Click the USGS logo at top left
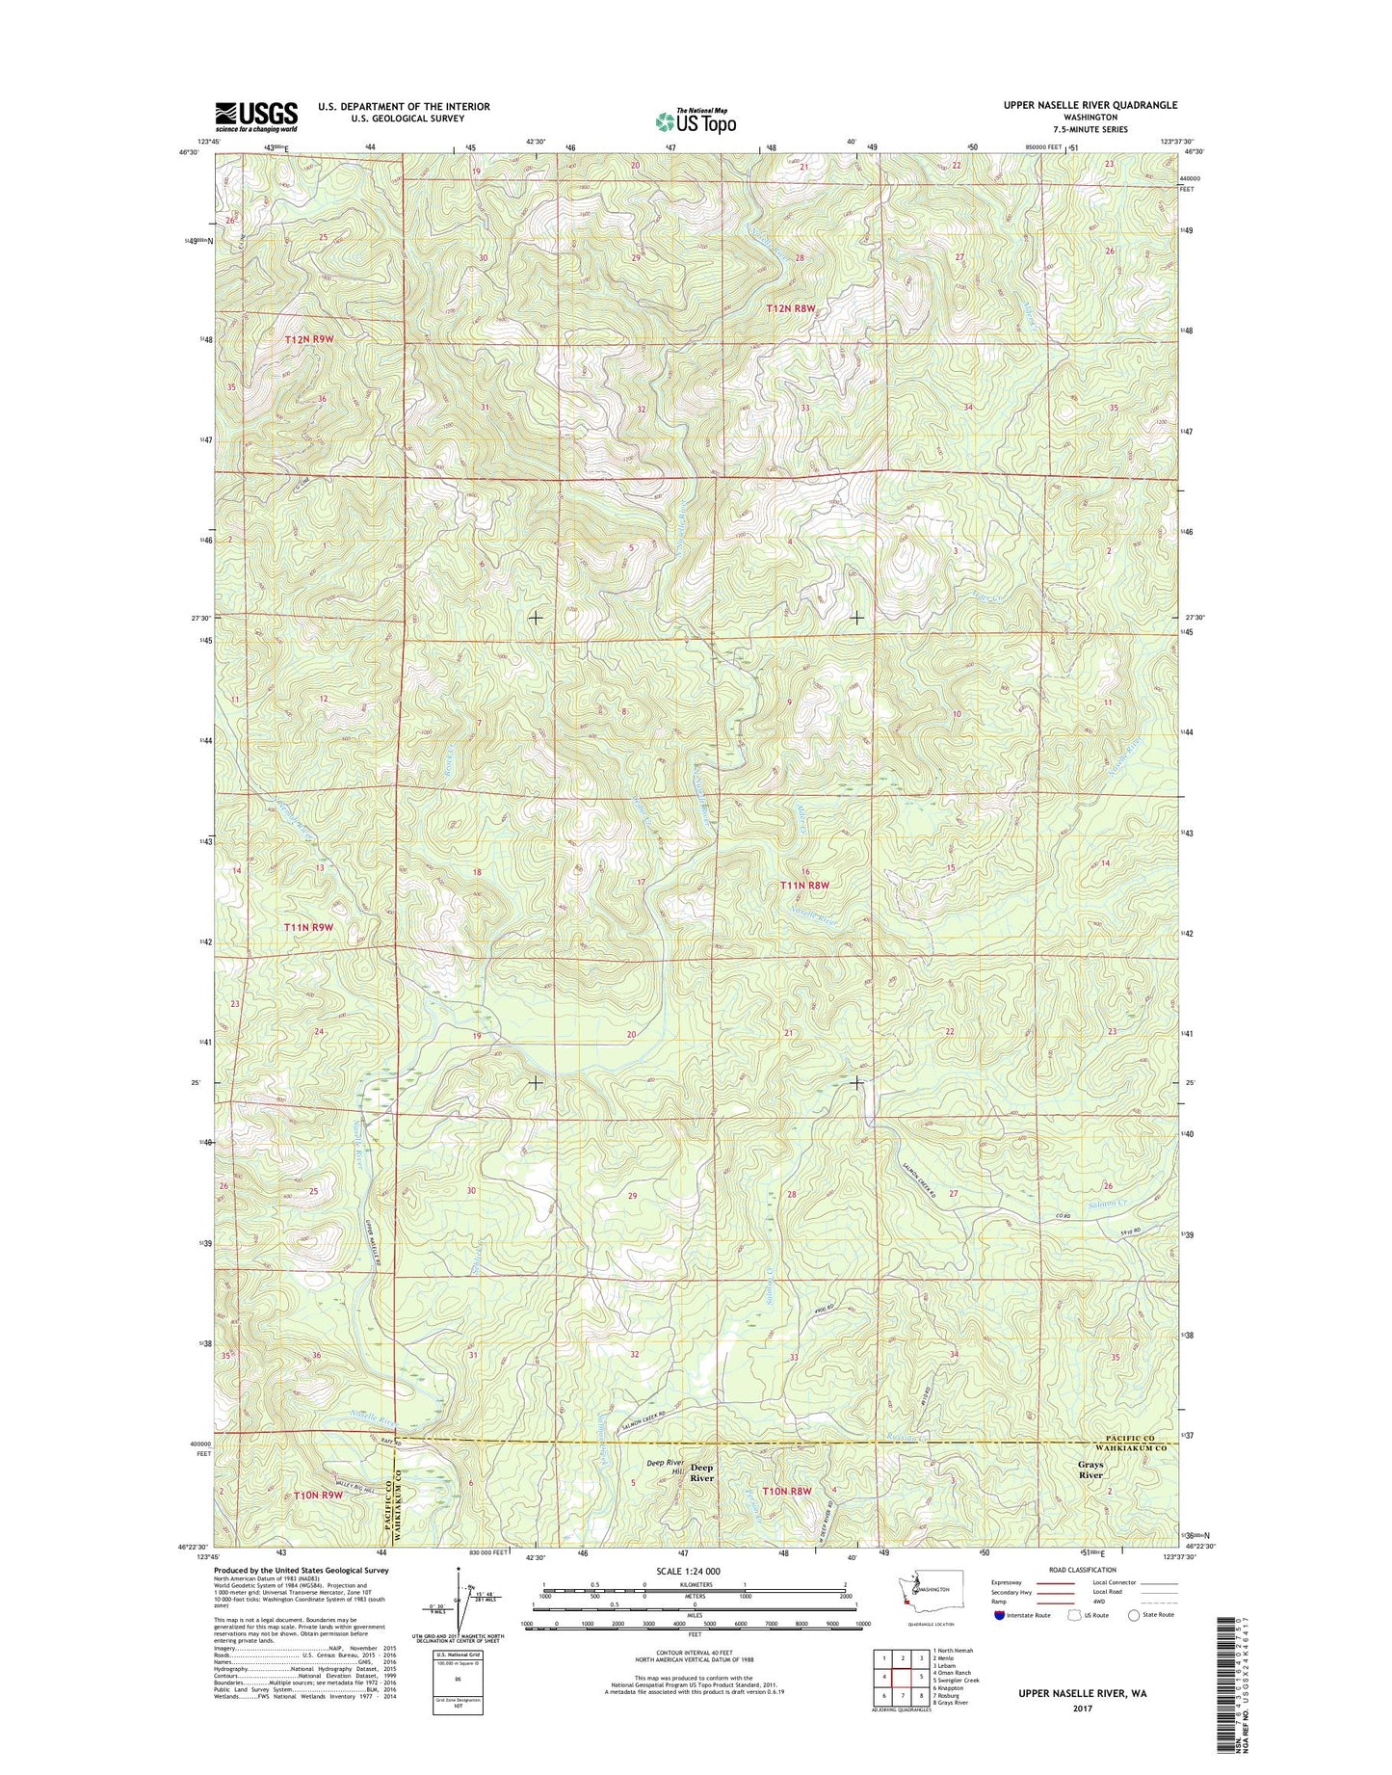click(x=255, y=116)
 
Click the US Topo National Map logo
click(x=696, y=120)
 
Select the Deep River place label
click(x=702, y=1472)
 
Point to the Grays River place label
click(x=1090, y=1470)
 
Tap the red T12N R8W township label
click(x=791, y=308)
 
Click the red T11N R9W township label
click(x=308, y=927)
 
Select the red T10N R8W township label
click(x=787, y=1491)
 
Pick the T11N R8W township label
click(x=804, y=885)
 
